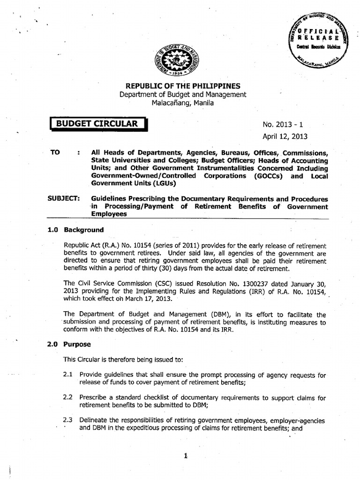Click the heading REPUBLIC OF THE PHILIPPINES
click(x=182, y=86)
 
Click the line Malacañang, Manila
click(x=182, y=103)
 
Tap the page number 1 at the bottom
click(x=186, y=458)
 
